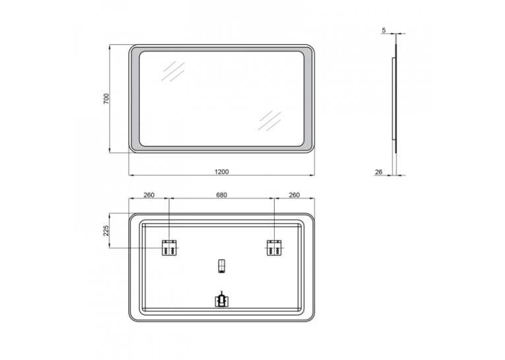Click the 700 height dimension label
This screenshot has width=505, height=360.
[x=106, y=98]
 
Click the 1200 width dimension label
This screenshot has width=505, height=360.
[x=222, y=172]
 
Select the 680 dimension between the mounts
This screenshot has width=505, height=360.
[x=222, y=195]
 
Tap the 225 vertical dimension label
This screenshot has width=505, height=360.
[x=106, y=231]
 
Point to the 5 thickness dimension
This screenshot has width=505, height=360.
[x=384, y=30]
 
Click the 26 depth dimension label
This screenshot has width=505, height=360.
[x=379, y=172]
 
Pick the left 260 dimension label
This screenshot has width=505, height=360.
[x=149, y=195]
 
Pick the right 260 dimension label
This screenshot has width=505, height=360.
[x=294, y=195]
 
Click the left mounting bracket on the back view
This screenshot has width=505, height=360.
[x=169, y=248]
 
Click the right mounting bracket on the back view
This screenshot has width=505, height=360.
[x=274, y=248]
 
